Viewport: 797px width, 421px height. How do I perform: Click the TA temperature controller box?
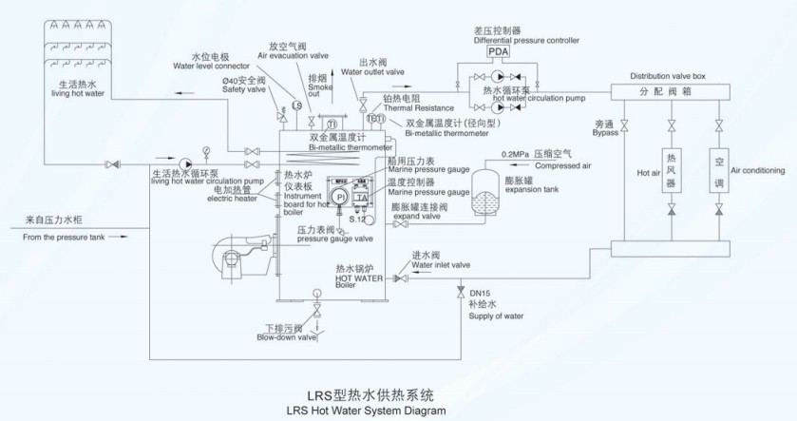pyautogui.click(x=362, y=198)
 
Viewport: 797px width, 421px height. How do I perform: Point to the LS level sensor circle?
pyautogui.click(x=296, y=105)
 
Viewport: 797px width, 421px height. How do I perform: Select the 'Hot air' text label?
pyautogui.click(x=648, y=172)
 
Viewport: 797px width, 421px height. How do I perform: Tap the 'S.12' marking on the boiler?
pyautogui.click(x=357, y=218)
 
